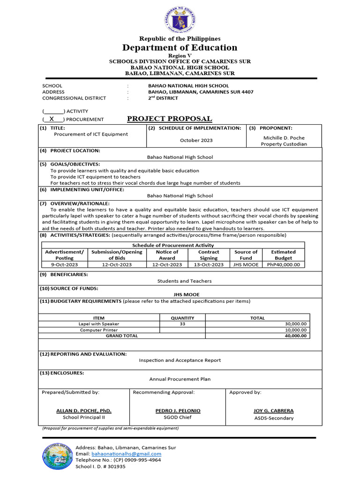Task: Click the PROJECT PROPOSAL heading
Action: [170, 119]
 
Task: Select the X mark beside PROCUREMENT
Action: [52, 119]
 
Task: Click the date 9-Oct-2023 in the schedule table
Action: [64, 264]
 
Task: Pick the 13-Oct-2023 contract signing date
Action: [209, 264]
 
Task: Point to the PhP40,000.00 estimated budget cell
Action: [283, 264]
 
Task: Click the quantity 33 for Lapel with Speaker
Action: [182, 324]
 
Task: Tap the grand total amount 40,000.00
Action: [296, 336]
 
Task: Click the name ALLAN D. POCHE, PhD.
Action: [84, 411]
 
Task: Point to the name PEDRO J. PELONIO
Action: [178, 411]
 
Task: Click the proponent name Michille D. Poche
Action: [284, 137]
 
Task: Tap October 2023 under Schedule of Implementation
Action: [196, 140]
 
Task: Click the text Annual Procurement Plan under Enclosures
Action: [180, 379]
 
